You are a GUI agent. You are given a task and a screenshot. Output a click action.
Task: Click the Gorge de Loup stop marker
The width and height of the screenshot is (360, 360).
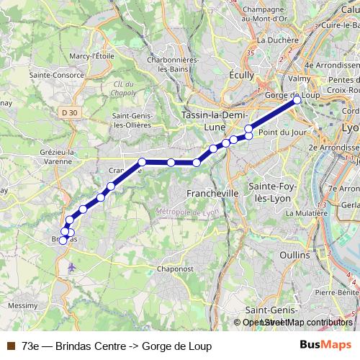point(297,101)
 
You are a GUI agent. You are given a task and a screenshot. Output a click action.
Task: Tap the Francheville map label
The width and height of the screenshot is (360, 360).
point(212,194)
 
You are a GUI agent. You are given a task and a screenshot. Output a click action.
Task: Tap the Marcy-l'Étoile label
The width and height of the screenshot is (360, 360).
point(93,55)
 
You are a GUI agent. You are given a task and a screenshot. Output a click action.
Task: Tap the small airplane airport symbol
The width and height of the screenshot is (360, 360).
point(71,267)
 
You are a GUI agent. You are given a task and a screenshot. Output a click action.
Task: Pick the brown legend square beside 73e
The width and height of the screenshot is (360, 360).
point(10,346)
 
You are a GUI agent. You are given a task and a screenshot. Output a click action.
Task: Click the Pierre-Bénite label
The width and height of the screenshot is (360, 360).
point(336,292)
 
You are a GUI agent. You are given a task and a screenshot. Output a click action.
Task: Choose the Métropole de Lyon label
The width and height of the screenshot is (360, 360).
point(187,212)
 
